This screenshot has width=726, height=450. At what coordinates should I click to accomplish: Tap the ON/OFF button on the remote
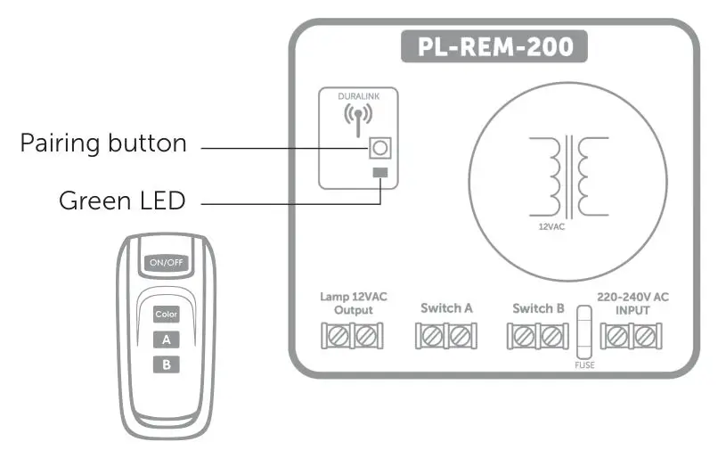coord(167,264)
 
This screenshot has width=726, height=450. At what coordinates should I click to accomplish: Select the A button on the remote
coord(167,339)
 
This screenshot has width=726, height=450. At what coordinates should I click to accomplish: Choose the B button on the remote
coord(167,364)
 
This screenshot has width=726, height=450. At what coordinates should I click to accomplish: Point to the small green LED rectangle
coord(380,172)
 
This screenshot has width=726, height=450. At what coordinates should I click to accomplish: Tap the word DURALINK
coord(357,96)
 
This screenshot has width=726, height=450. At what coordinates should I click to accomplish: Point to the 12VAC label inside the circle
coord(551,227)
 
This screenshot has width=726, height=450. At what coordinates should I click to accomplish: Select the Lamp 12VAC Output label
coord(354,303)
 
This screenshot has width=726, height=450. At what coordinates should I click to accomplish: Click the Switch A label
coord(446,308)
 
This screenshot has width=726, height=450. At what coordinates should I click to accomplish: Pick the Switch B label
coord(538,308)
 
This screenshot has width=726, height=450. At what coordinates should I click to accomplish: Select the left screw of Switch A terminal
coord(432,336)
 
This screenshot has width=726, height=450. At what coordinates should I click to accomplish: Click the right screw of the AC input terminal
coord(644,336)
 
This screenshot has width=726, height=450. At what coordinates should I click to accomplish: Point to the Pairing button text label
coord(103,143)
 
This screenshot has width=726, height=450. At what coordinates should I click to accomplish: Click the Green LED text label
coord(122,200)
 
